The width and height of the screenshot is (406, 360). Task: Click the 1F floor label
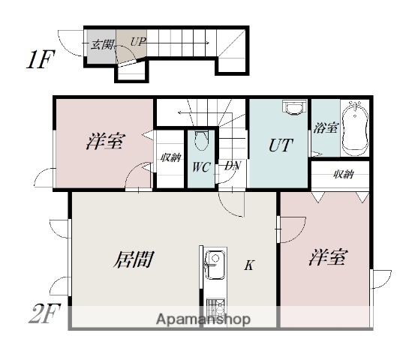pos(41,59)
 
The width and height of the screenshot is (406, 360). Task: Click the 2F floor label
pos(44,313)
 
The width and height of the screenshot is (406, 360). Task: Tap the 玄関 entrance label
pos(101,45)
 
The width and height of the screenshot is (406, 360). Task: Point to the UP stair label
pos(138,41)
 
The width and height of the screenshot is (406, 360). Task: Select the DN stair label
pos(233,166)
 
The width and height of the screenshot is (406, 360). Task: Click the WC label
pos(201,167)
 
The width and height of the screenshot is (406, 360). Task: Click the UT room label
pos(281,145)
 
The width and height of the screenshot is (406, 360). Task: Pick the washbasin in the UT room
pos(294,107)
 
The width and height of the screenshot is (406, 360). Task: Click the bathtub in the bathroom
pos(355,128)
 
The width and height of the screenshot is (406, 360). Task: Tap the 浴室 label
pos(326,127)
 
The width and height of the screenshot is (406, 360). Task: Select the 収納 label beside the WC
pos(170,157)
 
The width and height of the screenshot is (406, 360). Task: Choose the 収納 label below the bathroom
pos(343,175)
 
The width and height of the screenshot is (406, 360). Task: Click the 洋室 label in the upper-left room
pos(106,141)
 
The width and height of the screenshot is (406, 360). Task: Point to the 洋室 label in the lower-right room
pos(328,257)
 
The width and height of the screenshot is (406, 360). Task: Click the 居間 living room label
pos(134,259)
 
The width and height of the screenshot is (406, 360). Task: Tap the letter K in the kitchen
pos(249,265)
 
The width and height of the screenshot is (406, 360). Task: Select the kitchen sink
pos(215,265)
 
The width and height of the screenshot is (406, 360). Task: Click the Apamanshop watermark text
pos(203,319)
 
